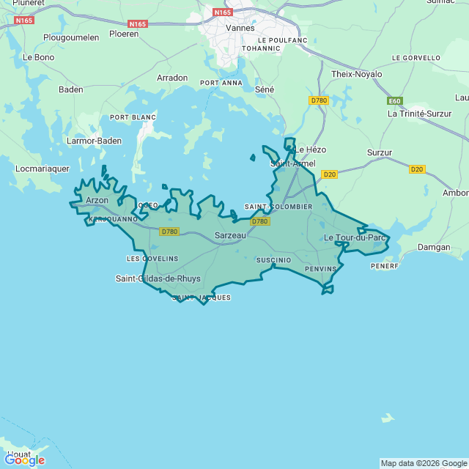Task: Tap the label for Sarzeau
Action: [229, 235]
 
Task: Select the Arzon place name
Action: [97, 200]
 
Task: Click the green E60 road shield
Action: [395, 100]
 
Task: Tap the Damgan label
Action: [434, 247]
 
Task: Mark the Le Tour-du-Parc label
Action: [355, 237]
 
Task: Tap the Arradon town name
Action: [172, 78]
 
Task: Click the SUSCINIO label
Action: [273, 260]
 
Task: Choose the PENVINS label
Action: [320, 269]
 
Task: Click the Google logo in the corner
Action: [24, 460]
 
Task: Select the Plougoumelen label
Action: [71, 37]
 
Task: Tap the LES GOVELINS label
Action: [152, 259]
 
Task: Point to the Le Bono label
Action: [38, 56]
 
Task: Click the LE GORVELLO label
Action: [416, 57]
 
